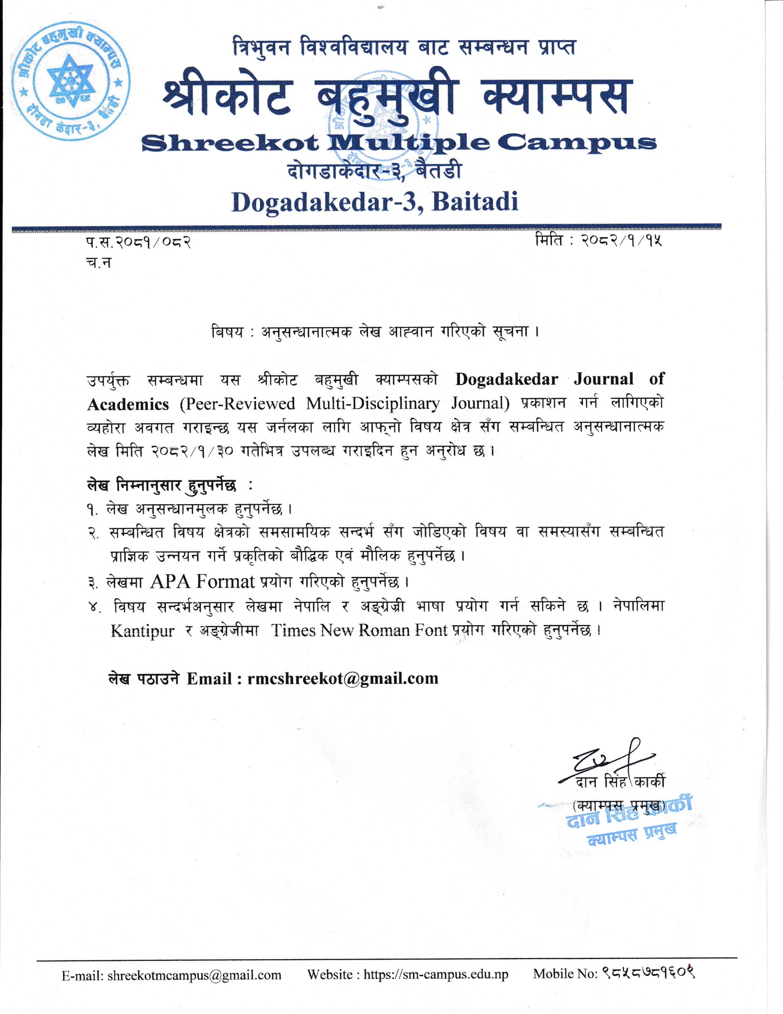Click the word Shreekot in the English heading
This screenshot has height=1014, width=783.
(230, 144)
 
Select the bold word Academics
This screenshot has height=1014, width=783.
(127, 404)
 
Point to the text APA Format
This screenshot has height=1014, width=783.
(203, 581)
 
